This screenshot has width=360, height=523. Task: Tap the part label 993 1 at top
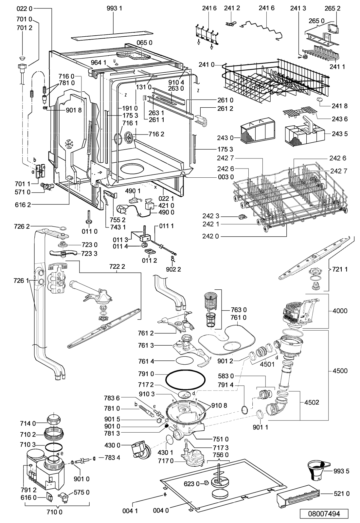115,9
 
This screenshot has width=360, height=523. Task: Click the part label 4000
340,311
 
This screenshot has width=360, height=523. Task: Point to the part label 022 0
25,9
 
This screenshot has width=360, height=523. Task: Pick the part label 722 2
117,266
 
